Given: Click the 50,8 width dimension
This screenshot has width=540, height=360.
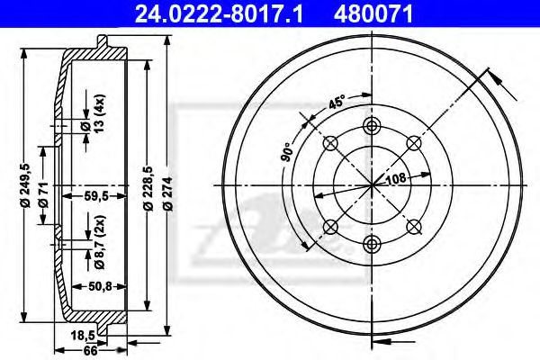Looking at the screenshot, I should pyautogui.click(x=97, y=288).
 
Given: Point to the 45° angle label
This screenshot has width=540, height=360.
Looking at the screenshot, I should pyautogui.click(x=336, y=103).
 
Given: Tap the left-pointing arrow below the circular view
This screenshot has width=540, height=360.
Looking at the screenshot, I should pyautogui.click(x=382, y=339).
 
